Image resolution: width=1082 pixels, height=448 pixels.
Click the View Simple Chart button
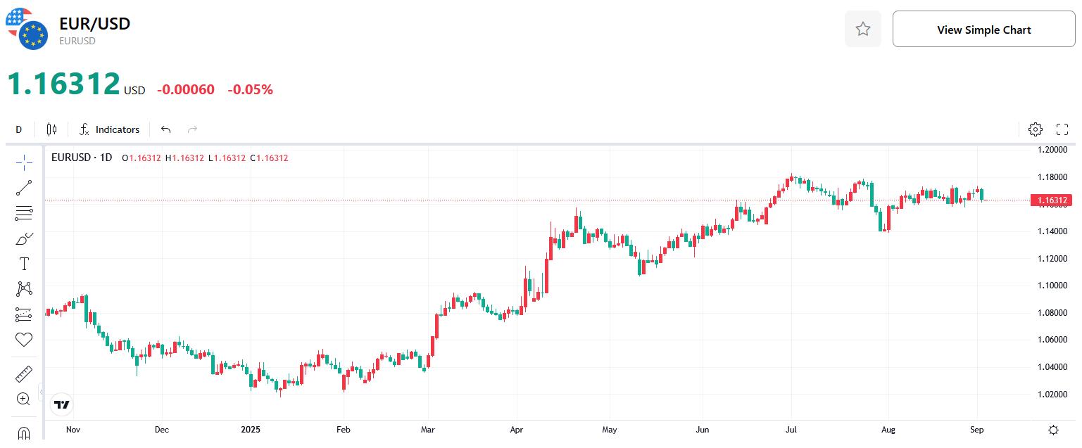(983, 30)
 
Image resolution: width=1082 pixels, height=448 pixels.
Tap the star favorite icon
(862, 30)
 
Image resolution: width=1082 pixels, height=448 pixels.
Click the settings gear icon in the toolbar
(1035, 129)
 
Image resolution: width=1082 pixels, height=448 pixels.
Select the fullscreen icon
(1062, 129)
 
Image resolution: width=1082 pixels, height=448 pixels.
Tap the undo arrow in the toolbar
(166, 129)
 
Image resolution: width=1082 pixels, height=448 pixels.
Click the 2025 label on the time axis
(251, 429)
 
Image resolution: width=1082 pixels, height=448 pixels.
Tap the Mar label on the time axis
(427, 429)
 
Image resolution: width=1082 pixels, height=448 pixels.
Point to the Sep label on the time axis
(976, 429)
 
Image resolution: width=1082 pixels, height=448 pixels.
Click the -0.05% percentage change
(250, 90)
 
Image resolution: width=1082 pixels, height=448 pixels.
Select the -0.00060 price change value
(185, 90)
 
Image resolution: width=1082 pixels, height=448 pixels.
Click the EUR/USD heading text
(94, 23)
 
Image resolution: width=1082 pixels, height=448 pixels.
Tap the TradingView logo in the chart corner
(62, 404)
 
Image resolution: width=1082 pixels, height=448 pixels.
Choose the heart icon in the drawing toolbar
(24, 340)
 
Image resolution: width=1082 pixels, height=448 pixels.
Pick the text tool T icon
(24, 264)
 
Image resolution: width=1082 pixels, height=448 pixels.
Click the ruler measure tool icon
(24, 373)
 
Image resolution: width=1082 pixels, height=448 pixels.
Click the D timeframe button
(19, 129)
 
